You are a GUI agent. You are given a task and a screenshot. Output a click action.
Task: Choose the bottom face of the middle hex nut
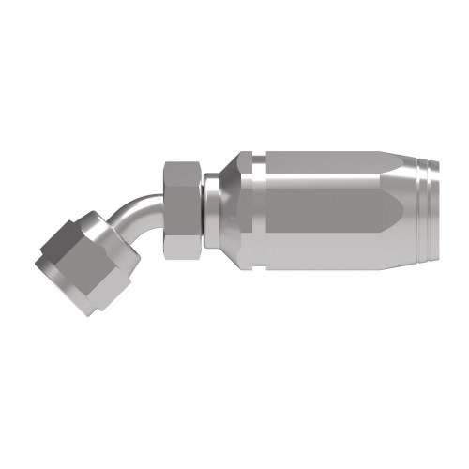point(180,248)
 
